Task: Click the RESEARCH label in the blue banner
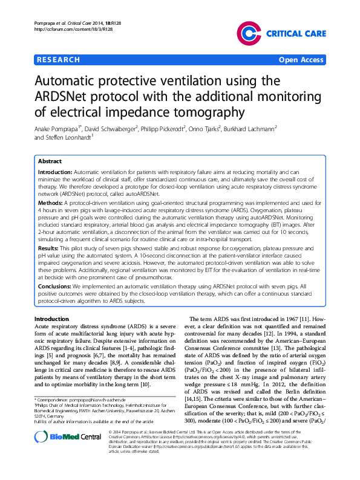(58, 60)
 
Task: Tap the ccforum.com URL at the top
(67, 28)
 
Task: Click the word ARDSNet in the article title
(68, 97)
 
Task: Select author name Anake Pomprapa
(61, 129)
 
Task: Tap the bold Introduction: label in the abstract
(55, 172)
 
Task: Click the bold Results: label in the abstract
(49, 248)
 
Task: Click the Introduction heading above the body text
(51, 319)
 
